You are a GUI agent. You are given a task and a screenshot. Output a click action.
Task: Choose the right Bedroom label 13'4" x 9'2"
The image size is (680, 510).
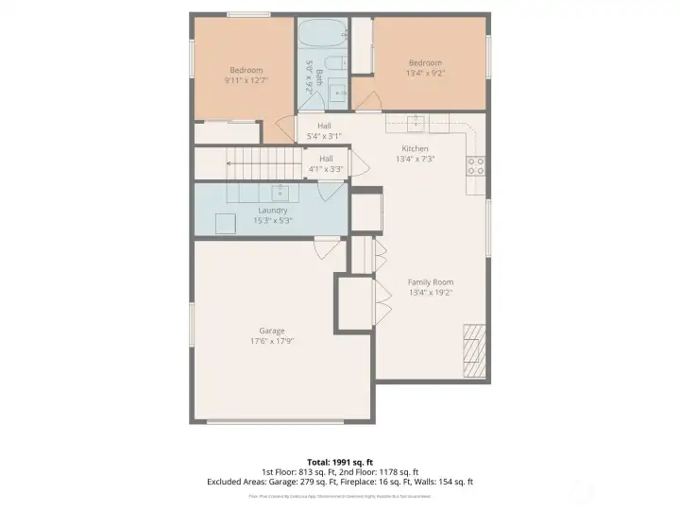point(424,66)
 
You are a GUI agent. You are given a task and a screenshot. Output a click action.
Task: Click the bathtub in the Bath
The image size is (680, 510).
point(311,37)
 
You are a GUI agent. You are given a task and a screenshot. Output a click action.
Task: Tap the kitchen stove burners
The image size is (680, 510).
point(476,166)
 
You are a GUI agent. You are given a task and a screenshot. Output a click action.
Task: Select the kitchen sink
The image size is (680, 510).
point(416,122)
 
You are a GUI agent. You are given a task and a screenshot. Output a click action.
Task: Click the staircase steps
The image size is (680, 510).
point(255,161)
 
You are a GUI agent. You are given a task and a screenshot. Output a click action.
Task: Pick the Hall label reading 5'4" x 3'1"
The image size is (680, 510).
point(324,131)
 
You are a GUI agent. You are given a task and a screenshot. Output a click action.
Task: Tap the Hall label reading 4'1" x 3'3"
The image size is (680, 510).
point(326,164)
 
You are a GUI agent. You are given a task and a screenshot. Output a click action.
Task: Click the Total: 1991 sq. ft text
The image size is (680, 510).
point(339,462)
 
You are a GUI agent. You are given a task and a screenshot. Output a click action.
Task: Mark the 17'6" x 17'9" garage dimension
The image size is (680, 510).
point(272,342)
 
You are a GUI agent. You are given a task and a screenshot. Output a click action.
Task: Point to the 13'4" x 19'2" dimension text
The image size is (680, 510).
point(431,293)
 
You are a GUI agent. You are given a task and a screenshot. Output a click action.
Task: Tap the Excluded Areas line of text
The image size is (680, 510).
point(339,482)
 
